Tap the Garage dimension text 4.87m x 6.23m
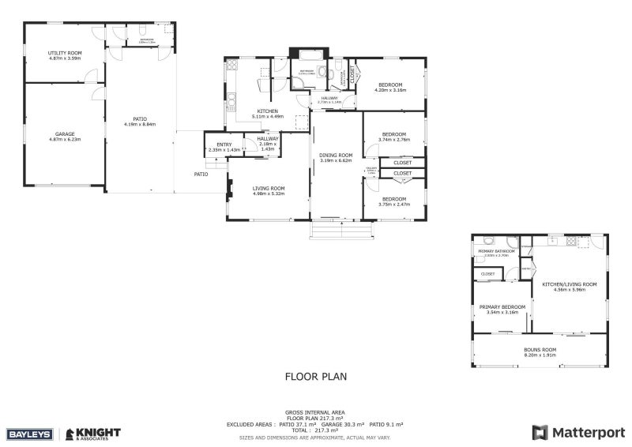pyautogui.click(x=65, y=140)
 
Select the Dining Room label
pyautogui.click(x=335, y=155)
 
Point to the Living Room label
pyautogui.click(x=268, y=188)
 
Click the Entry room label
pyautogui.click(x=224, y=145)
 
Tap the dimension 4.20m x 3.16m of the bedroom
pyautogui.click(x=389, y=90)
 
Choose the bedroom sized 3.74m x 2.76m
pyautogui.click(x=393, y=134)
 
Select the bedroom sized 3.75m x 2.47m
pyautogui.click(x=393, y=199)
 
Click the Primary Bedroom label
pyautogui.click(x=502, y=306)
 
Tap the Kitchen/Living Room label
pyautogui.click(x=569, y=284)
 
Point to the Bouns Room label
pyautogui.click(x=540, y=349)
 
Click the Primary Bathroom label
pyautogui.click(x=496, y=251)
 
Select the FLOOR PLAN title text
pyautogui.click(x=315, y=377)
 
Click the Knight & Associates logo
pyautogui.click(x=93, y=433)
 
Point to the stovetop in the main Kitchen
pyautogui.click(x=232, y=67)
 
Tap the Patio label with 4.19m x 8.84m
pyautogui.click(x=140, y=121)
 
